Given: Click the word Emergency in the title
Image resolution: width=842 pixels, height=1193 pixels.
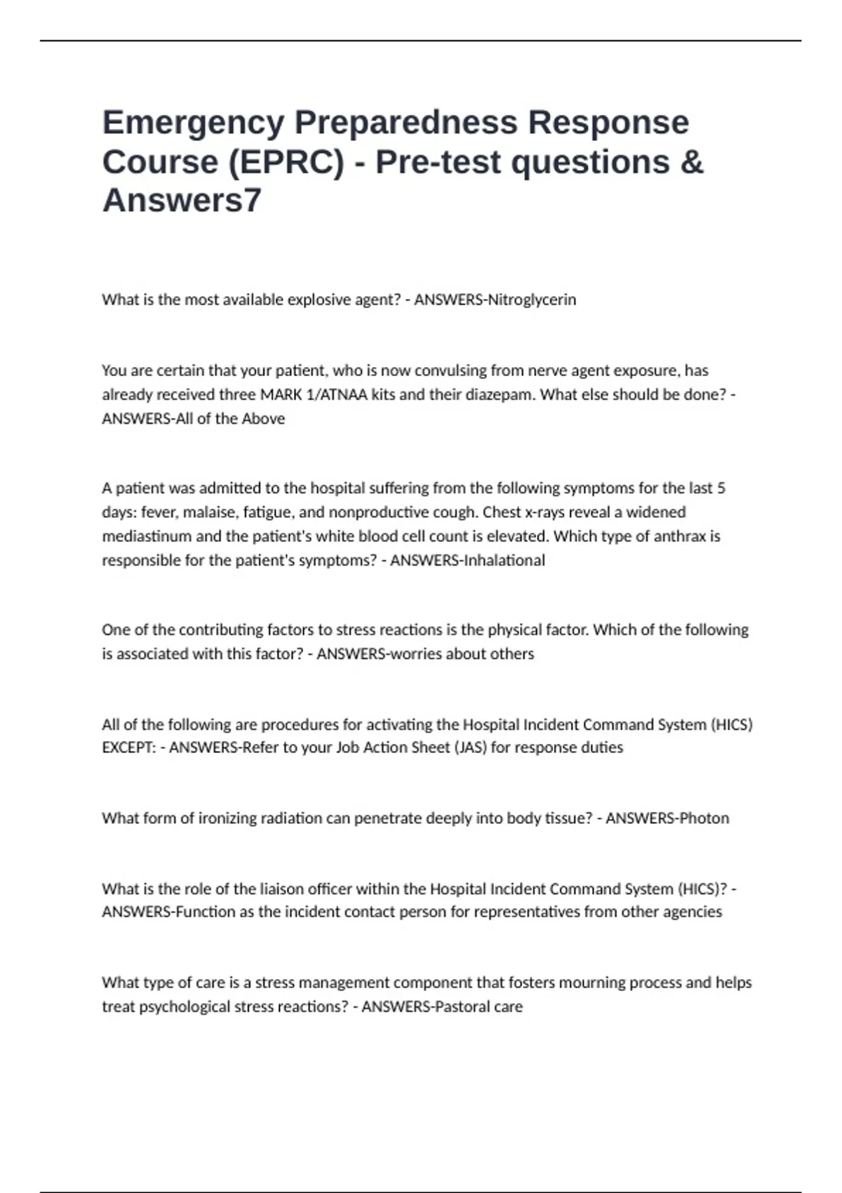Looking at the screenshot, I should pyautogui.click(x=193, y=124).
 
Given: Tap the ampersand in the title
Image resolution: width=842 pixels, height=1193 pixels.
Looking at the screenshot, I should pyautogui.click(x=691, y=162).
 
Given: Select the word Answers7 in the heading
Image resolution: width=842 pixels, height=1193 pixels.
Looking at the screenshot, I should pyautogui.click(x=182, y=201).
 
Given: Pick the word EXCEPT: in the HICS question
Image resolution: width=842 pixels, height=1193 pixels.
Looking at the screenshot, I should pyautogui.click(x=128, y=747).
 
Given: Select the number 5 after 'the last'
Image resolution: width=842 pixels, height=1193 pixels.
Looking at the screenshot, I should pyautogui.click(x=721, y=488).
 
